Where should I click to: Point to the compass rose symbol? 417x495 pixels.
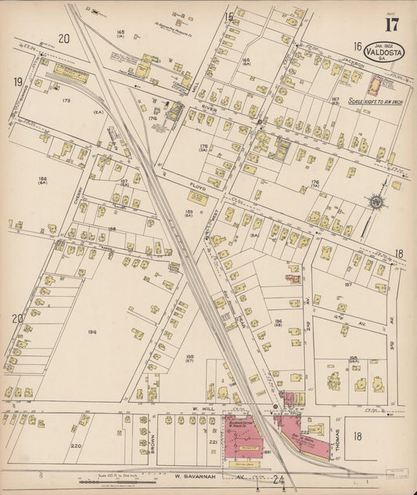(376, 202)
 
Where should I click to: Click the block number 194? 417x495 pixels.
(92, 332)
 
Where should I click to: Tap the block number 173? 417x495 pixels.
(66, 101)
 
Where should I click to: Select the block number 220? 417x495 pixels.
(76, 445)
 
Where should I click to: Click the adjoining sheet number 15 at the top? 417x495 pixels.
(229, 16)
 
